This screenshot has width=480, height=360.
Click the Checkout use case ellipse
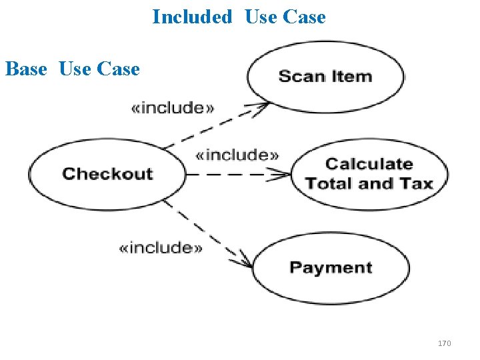tap(107, 174)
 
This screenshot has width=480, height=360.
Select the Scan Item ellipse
tap(325, 76)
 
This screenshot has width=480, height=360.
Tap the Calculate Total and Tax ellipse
tap(369, 173)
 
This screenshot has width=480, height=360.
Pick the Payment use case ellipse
tap(331, 267)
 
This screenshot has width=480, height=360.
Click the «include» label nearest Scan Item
tap(173, 108)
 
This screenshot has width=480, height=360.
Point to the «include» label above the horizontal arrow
tap(237, 155)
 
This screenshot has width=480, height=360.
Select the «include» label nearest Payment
tap(161, 248)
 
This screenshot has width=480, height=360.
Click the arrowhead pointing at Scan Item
tap(263, 105)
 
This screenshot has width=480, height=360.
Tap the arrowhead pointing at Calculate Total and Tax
tap(285, 175)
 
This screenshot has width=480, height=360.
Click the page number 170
tap(444, 343)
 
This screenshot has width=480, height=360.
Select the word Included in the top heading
tap(192, 17)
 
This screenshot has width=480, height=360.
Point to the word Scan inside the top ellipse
tap(301, 76)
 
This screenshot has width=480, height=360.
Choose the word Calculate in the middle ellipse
tap(369, 164)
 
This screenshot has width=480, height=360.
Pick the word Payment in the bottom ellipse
tap(331, 267)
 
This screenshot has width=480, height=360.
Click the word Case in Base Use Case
tap(118, 69)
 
